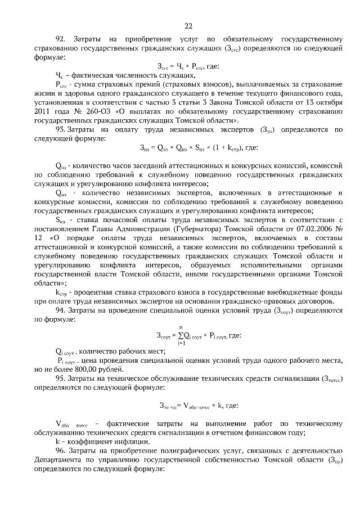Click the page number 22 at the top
coord(188,25)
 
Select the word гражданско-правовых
coord(269,301)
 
